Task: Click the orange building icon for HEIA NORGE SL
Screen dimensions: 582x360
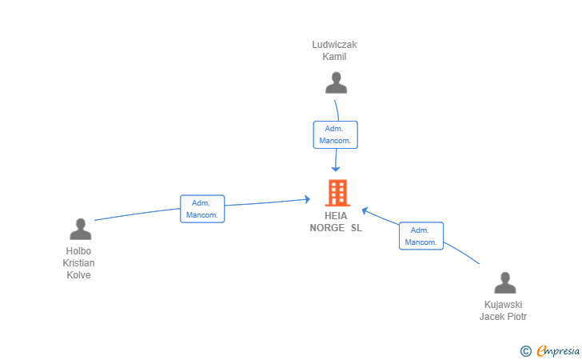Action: pos(337,193)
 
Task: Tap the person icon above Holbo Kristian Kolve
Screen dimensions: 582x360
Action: pos(80,229)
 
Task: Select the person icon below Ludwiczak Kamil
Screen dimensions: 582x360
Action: pos(336,83)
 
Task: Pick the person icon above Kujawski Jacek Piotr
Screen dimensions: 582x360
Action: pos(504,282)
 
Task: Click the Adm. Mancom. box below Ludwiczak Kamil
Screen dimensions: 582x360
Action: pos(335,135)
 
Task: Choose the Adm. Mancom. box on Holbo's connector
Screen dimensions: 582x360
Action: pos(202,209)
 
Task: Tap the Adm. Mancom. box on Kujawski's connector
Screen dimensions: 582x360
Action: pos(421,236)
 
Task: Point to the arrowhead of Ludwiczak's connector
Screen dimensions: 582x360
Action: pos(336,169)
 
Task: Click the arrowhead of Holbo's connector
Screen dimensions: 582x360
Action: pos(307,199)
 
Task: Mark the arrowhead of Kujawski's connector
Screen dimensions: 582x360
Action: pos(365,211)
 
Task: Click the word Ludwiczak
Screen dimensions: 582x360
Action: pos(334,45)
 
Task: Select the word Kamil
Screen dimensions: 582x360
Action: pos(334,57)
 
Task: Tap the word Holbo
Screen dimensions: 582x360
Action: pos(78,251)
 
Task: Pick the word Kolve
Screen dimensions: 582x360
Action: pos(78,275)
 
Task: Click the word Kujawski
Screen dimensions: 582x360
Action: pos(504,305)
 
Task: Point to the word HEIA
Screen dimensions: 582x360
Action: pos(336,216)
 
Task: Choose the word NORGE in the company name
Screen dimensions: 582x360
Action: pos(327,228)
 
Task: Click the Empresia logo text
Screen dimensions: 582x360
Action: pos(558,351)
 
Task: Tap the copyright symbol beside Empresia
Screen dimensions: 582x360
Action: pos(526,351)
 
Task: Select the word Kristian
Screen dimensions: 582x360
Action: pos(78,263)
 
